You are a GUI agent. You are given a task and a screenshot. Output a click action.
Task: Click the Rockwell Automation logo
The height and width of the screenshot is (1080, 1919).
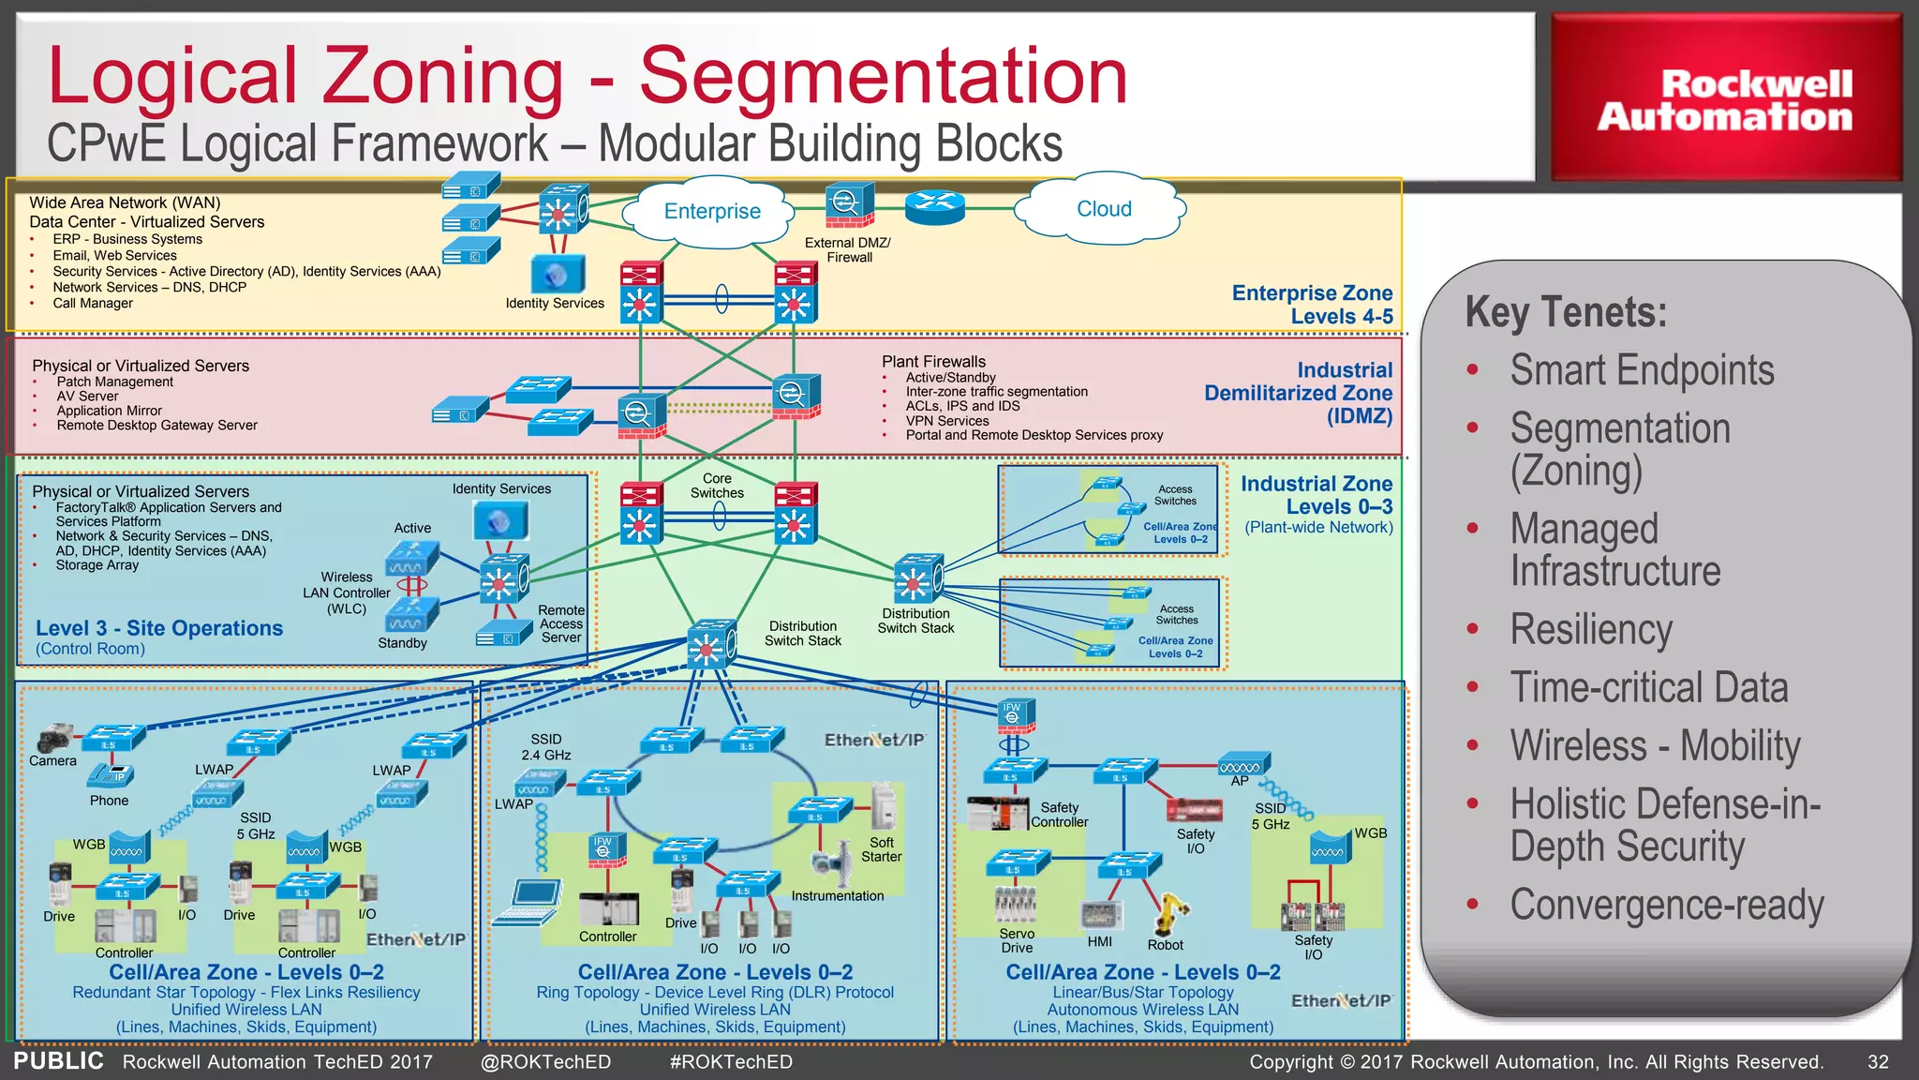click(x=1725, y=98)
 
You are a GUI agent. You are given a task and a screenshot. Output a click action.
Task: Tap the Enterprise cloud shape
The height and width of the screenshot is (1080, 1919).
click(x=712, y=212)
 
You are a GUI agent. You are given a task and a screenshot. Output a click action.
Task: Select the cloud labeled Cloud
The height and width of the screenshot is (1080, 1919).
click(x=1104, y=209)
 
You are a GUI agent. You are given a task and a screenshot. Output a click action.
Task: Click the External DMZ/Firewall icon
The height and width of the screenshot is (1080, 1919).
click(x=849, y=205)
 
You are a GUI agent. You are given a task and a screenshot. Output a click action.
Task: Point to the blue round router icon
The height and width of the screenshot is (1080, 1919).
click(x=934, y=205)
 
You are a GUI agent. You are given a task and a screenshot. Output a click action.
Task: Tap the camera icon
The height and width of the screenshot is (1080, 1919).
click(x=55, y=738)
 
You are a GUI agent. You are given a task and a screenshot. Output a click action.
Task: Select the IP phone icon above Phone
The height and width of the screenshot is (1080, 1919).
click(x=112, y=775)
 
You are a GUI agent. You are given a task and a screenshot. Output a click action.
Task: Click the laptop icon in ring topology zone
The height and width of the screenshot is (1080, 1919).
click(x=530, y=902)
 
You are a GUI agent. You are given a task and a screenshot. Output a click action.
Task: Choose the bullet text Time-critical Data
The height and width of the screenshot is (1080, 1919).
click(x=1648, y=687)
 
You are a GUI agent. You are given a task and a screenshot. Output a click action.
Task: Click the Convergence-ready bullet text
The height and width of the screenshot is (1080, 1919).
click(x=1666, y=905)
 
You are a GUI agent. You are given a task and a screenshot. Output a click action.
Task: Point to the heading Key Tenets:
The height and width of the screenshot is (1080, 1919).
click(x=1566, y=312)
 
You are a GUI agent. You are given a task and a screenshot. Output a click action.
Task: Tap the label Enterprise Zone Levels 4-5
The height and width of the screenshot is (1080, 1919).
click(x=1312, y=305)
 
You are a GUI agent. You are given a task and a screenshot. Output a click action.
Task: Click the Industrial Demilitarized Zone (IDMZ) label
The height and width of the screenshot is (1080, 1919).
click(x=1299, y=393)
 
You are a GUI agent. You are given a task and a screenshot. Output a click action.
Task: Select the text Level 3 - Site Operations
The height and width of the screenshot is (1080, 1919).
click(x=159, y=628)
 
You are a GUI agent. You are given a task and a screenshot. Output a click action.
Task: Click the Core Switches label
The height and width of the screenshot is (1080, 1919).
click(x=717, y=485)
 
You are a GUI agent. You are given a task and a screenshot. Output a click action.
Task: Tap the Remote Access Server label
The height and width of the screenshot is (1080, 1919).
click(x=561, y=623)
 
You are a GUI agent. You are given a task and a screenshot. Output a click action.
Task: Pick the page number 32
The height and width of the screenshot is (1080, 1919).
click(x=1878, y=1061)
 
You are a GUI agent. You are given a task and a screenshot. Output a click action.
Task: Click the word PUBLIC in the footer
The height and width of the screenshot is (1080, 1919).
click(x=58, y=1060)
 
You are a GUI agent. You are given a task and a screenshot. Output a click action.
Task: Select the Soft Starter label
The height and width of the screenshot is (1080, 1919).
click(x=881, y=849)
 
